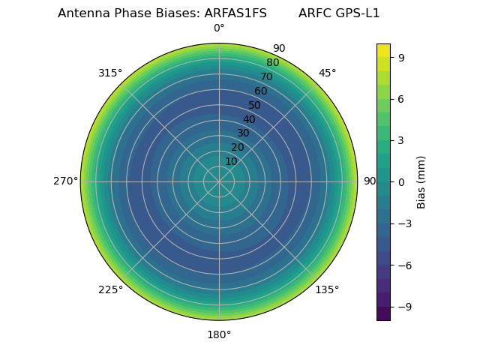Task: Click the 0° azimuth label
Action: [219, 28]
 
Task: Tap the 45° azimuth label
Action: [327, 73]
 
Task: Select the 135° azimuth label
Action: [327, 289]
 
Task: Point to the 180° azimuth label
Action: [219, 334]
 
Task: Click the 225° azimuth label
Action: [110, 289]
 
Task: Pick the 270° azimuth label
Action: [65, 181]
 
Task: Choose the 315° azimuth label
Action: [110, 73]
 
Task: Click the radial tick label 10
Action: [231, 161]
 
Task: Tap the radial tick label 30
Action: [243, 133]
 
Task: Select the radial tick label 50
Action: [255, 105]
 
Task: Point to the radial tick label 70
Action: [267, 76]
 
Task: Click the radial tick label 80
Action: [273, 63]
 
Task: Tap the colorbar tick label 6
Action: [402, 98]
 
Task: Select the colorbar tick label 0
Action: [402, 181]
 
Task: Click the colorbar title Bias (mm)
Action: [421, 181]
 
